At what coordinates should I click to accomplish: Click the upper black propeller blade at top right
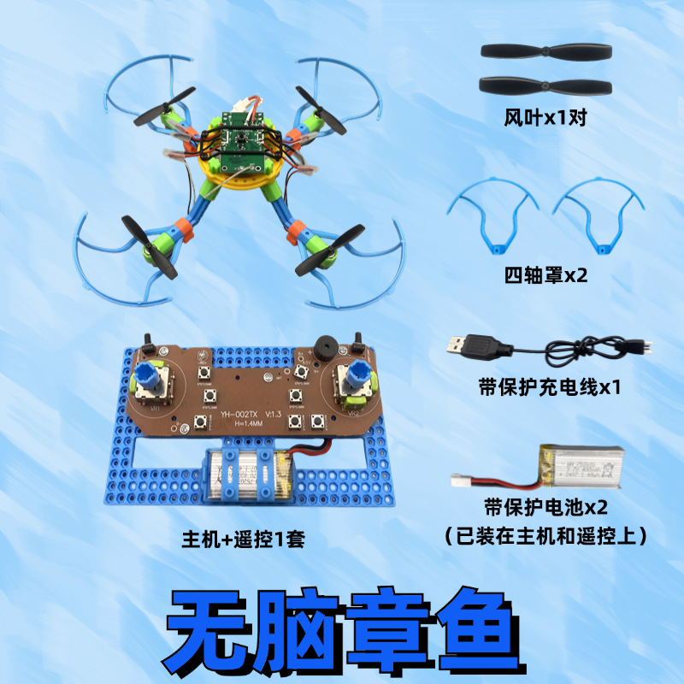(548, 51)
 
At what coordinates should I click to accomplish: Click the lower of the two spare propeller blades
(548, 85)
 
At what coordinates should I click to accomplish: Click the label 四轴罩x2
(546, 276)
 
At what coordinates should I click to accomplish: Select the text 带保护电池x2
(545, 508)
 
